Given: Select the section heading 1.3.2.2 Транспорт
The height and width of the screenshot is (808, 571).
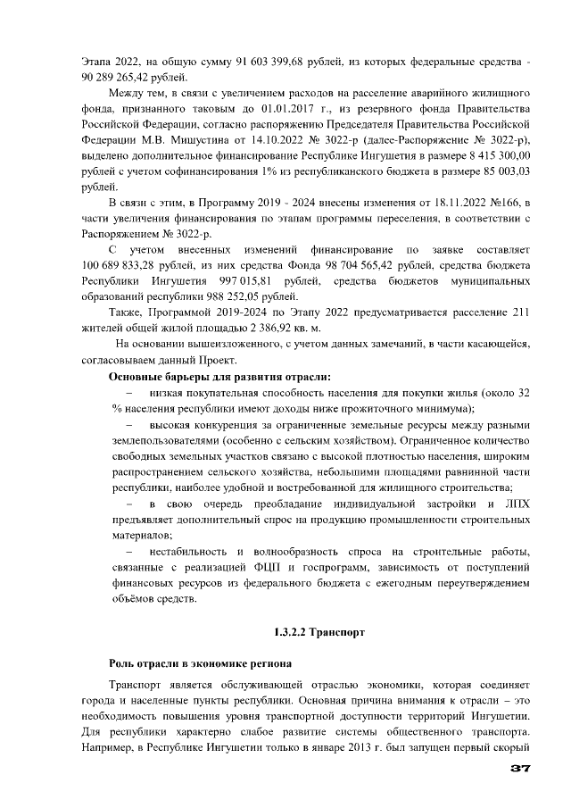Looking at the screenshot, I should (x=319, y=632).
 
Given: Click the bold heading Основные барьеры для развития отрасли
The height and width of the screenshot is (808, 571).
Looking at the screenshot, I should (x=219, y=377).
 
